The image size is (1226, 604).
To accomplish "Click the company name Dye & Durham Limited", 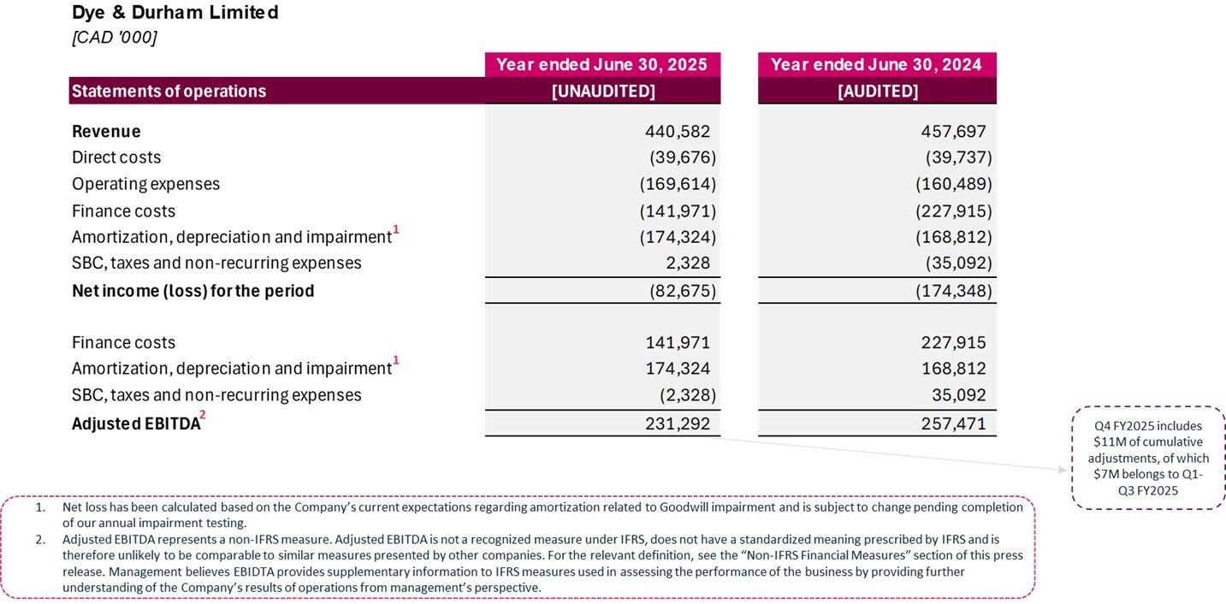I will click(175, 13).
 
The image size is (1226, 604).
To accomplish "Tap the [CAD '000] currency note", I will click(114, 38).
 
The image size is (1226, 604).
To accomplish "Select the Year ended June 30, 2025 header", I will click(602, 65).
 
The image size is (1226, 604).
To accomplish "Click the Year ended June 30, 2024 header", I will click(876, 65).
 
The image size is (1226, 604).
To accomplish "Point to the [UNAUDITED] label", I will click(603, 92).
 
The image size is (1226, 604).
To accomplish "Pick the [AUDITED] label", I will click(877, 92).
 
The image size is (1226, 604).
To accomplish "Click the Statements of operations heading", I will click(169, 92).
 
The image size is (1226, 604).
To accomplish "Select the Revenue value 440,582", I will click(678, 132).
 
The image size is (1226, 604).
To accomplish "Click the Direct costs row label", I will click(116, 157).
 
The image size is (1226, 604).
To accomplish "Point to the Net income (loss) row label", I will click(192, 291).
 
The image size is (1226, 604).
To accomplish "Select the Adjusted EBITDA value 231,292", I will click(678, 423).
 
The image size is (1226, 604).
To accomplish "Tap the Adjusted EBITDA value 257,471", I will click(954, 423).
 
